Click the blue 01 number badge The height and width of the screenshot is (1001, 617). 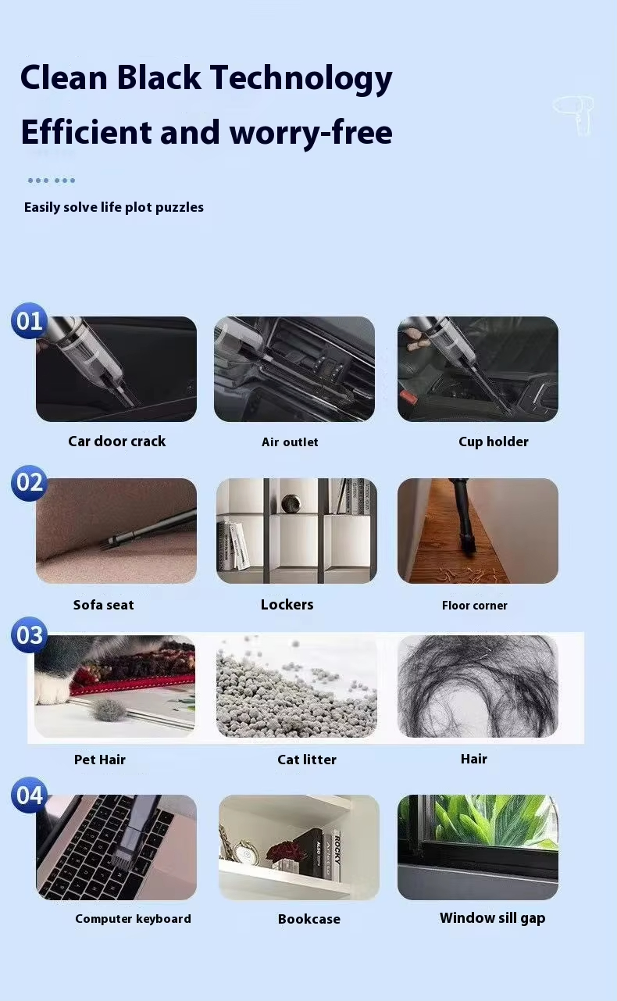[x=30, y=321]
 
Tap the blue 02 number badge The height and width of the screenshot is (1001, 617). [x=30, y=483]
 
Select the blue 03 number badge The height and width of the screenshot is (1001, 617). [x=30, y=635]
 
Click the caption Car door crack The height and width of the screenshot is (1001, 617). [x=116, y=442]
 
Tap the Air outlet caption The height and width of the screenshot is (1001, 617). [x=290, y=442]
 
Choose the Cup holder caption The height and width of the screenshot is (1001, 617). [x=494, y=442]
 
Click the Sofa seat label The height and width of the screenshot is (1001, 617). [x=103, y=605]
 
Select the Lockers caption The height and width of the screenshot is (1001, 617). [x=287, y=605]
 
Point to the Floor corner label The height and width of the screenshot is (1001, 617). [x=475, y=606]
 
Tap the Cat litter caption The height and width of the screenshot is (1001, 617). [x=307, y=760]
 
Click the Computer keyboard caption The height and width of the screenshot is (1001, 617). [x=133, y=919]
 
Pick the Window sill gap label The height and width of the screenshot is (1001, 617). [x=492, y=918]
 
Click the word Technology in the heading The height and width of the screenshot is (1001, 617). [x=301, y=79]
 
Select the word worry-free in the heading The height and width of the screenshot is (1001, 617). [x=311, y=133]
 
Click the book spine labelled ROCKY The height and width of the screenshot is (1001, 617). [x=337, y=855]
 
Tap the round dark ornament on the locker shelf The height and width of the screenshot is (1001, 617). [x=291, y=504]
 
